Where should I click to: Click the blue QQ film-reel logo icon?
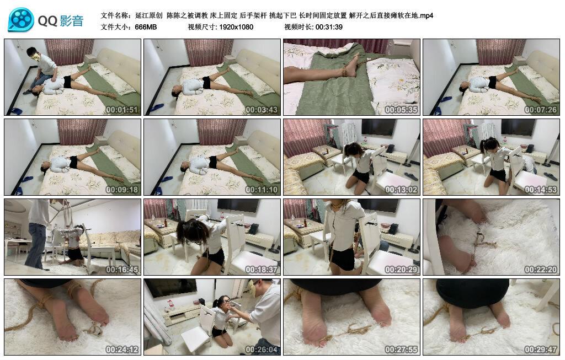pos(20,20)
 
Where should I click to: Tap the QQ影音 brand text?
pos(61,21)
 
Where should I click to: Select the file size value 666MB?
pos(146,26)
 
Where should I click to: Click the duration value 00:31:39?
pos(329,26)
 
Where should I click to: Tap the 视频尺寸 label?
pos(203,26)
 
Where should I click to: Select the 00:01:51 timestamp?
pos(121,109)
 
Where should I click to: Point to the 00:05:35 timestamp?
pos(401,109)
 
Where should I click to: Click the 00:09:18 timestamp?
pos(121,189)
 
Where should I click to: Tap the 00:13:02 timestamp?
pos(401,189)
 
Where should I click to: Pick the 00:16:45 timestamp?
pos(121,270)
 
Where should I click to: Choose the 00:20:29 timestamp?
pos(401,270)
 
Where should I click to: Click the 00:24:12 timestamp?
pos(121,350)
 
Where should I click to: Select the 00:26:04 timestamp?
pos(261,350)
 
